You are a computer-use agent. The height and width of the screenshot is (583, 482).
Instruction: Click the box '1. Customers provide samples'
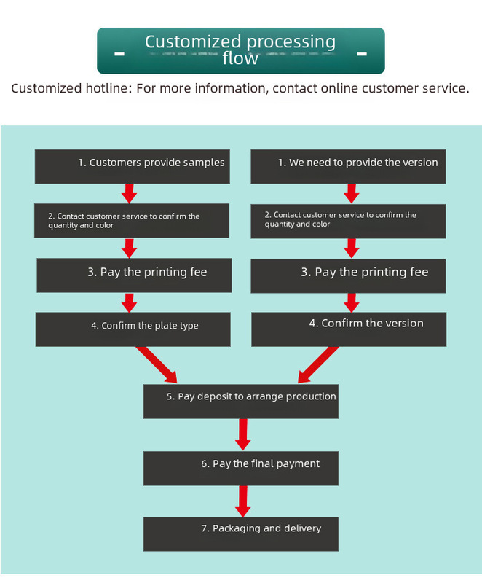tap(133, 167)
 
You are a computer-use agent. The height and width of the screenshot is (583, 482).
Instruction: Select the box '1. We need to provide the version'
tap(348, 167)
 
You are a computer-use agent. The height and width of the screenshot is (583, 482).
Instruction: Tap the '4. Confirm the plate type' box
tap(133, 329)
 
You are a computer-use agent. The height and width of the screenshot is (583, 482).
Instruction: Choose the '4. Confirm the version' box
tap(349, 329)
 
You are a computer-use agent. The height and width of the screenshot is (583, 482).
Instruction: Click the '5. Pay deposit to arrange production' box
tap(241, 402)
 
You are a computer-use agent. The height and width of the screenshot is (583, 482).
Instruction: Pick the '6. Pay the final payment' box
tap(241, 469)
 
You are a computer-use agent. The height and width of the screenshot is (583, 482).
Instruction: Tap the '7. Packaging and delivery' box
tap(241, 534)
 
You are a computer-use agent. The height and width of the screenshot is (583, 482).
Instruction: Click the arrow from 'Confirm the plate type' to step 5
tap(157, 365)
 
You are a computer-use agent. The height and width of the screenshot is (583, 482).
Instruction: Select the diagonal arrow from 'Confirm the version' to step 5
tap(318, 365)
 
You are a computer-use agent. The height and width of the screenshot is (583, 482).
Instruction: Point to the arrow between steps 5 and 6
tap(243, 434)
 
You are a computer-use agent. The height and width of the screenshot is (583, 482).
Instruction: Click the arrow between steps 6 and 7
tap(243, 501)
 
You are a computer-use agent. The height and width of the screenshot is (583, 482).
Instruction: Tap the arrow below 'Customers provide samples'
tap(129, 193)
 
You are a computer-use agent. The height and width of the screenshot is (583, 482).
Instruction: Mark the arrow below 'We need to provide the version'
tap(351, 193)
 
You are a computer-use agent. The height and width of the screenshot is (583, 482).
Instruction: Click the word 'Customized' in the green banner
tap(193, 42)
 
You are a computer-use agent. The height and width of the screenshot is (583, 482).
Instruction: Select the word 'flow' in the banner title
tap(240, 58)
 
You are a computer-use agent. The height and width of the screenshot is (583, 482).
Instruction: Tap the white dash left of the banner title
tap(119, 54)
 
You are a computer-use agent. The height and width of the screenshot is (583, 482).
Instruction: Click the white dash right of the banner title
tap(362, 54)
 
